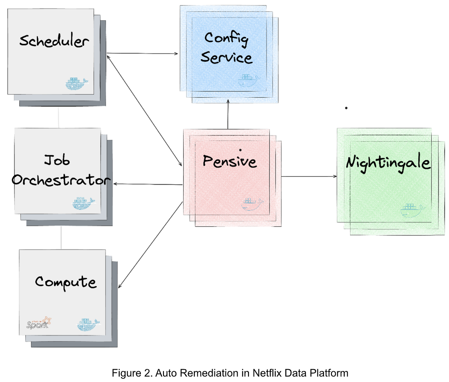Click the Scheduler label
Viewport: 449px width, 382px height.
pyautogui.click(x=54, y=41)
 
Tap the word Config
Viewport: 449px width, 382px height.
pyautogui.click(x=226, y=38)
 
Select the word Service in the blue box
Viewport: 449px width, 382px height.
pyautogui.click(x=226, y=57)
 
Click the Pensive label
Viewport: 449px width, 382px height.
pyautogui.click(x=229, y=161)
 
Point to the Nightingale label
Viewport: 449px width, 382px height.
pyautogui.click(x=388, y=162)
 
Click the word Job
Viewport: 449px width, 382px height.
pyautogui.click(x=57, y=160)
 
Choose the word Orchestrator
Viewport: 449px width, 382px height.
pyautogui.click(x=61, y=180)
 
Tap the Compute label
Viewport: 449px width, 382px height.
pyautogui.click(x=65, y=282)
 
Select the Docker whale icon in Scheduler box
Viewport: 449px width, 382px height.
pyautogui.click(x=77, y=84)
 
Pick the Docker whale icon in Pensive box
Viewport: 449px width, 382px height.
pyautogui.click(x=252, y=204)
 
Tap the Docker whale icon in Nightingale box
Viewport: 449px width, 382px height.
pyautogui.click(x=412, y=210)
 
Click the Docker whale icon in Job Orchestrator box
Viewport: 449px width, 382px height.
pyautogui.click(x=83, y=203)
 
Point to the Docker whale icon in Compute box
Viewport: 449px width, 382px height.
pyautogui.click(x=88, y=325)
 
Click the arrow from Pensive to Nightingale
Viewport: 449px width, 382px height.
pyautogui.click(x=309, y=176)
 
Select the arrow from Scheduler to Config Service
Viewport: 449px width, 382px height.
pyautogui.click(x=142, y=53)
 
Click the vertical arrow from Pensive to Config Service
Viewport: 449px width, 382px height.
pyautogui.click(x=228, y=114)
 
